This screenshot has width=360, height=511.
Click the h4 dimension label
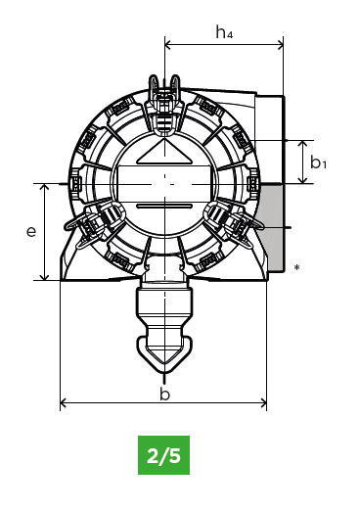coord(224,32)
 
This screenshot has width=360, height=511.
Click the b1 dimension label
coord(318,163)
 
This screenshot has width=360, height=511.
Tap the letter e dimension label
coord(31,231)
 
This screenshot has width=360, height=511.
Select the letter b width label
coord(165,394)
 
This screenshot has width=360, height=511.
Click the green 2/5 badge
coord(163,455)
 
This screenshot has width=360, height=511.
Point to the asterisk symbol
coord(296,268)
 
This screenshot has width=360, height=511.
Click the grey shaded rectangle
coord(272,227)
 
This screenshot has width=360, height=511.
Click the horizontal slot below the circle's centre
coord(164,207)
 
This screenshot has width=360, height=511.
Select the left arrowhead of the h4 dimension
coord(168,45)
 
